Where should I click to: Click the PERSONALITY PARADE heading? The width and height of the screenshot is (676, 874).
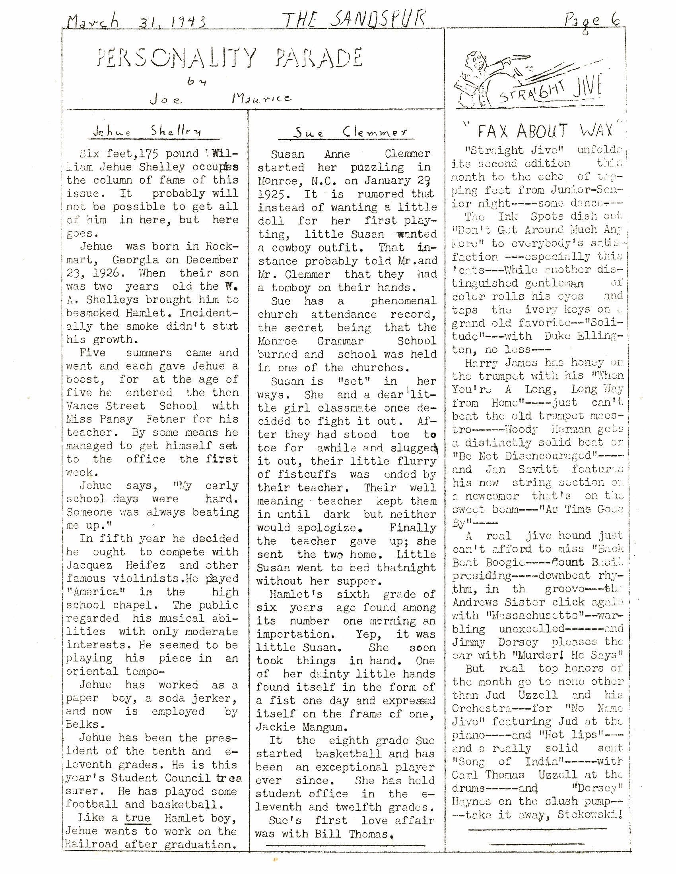coord(230,57)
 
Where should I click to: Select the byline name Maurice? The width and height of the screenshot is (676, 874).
coord(262,98)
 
